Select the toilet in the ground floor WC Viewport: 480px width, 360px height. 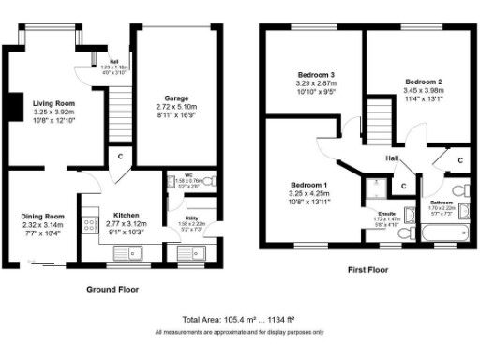[x=209, y=181]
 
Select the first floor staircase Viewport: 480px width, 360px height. [x=375, y=122]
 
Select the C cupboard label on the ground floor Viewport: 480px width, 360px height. [x=120, y=155]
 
